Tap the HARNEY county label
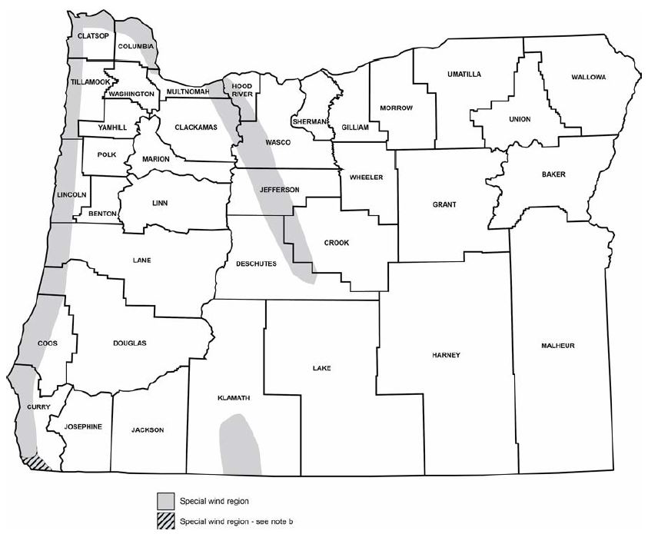click(446, 355)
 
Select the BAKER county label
click(553, 174)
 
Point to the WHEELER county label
click(366, 177)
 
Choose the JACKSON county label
click(148, 430)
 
